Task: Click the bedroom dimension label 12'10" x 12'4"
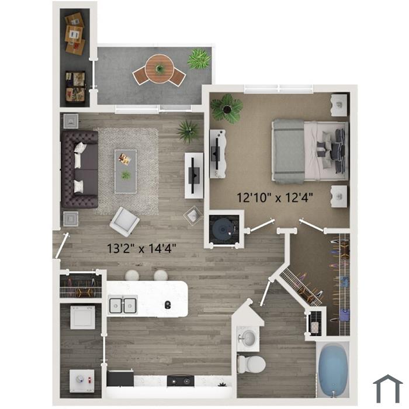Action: pyautogui.click(x=275, y=197)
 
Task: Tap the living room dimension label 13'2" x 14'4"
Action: pyautogui.click(x=142, y=248)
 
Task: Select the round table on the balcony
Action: pyautogui.click(x=158, y=68)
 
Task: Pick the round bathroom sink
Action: pyautogui.click(x=248, y=338)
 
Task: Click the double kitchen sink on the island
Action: pyautogui.click(x=123, y=304)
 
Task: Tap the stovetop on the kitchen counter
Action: pyautogui.click(x=181, y=380)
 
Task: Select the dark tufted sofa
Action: pyautogui.click(x=79, y=169)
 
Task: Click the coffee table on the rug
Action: pyautogui.click(x=126, y=171)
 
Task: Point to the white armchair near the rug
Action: pyautogui.click(x=124, y=221)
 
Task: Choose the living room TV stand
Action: pyautogui.click(x=194, y=176)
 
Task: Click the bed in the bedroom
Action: pyautogui.click(x=310, y=151)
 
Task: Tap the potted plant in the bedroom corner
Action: pyautogui.click(x=227, y=108)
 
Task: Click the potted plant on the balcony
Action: pyautogui.click(x=199, y=59)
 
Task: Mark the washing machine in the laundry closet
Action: pyautogui.click(x=82, y=317)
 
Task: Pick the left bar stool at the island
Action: pyautogui.click(x=133, y=275)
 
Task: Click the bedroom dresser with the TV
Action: pyautogui.click(x=218, y=154)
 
